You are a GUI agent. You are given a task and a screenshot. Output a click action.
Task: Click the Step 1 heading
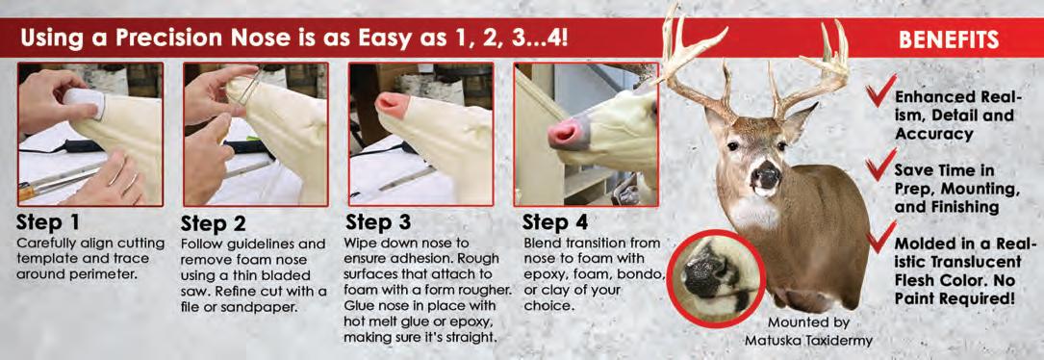51,222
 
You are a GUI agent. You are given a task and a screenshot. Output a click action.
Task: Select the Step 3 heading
378,222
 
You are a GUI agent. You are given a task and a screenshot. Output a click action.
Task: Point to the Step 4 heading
555,222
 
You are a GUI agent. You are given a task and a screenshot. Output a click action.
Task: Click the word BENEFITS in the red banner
948,40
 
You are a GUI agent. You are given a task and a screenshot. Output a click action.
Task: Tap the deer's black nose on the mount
766,176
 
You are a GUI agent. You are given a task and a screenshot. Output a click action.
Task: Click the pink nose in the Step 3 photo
393,105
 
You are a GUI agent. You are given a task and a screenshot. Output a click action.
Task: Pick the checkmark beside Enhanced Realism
880,93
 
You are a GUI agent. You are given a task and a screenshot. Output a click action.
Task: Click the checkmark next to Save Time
880,165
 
